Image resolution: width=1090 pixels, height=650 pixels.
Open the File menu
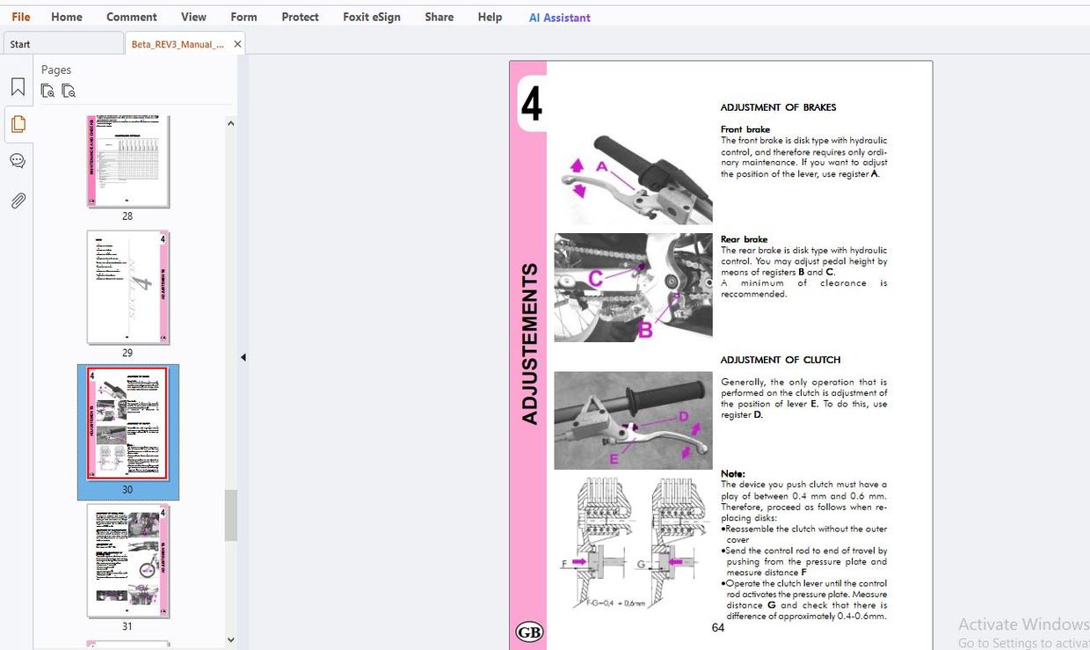(x=21, y=17)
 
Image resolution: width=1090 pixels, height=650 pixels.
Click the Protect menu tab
(x=300, y=17)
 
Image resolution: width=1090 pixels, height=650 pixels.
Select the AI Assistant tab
(x=559, y=18)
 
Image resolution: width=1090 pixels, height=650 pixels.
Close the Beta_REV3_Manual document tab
(x=237, y=44)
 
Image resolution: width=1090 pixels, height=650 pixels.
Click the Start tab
(x=20, y=44)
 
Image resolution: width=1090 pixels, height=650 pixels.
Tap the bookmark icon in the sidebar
(x=18, y=87)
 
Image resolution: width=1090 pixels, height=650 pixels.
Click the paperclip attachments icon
(x=18, y=201)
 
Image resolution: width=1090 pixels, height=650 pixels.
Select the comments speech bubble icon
(x=18, y=162)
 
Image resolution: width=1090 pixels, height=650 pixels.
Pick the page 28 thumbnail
(x=127, y=161)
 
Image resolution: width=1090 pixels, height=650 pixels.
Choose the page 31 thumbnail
(x=127, y=561)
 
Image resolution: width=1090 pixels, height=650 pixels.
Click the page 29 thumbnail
(x=127, y=288)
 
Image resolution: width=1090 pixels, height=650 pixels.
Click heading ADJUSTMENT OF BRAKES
(x=778, y=107)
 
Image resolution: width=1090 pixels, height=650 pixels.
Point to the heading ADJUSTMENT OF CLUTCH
(x=781, y=360)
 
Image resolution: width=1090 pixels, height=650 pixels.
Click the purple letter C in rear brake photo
(x=595, y=278)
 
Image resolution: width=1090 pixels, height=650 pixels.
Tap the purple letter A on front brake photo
(x=602, y=166)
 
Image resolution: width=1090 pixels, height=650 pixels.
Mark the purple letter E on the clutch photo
(x=614, y=458)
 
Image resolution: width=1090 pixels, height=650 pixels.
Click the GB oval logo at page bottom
(x=529, y=632)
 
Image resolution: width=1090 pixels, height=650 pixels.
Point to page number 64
(x=718, y=627)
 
